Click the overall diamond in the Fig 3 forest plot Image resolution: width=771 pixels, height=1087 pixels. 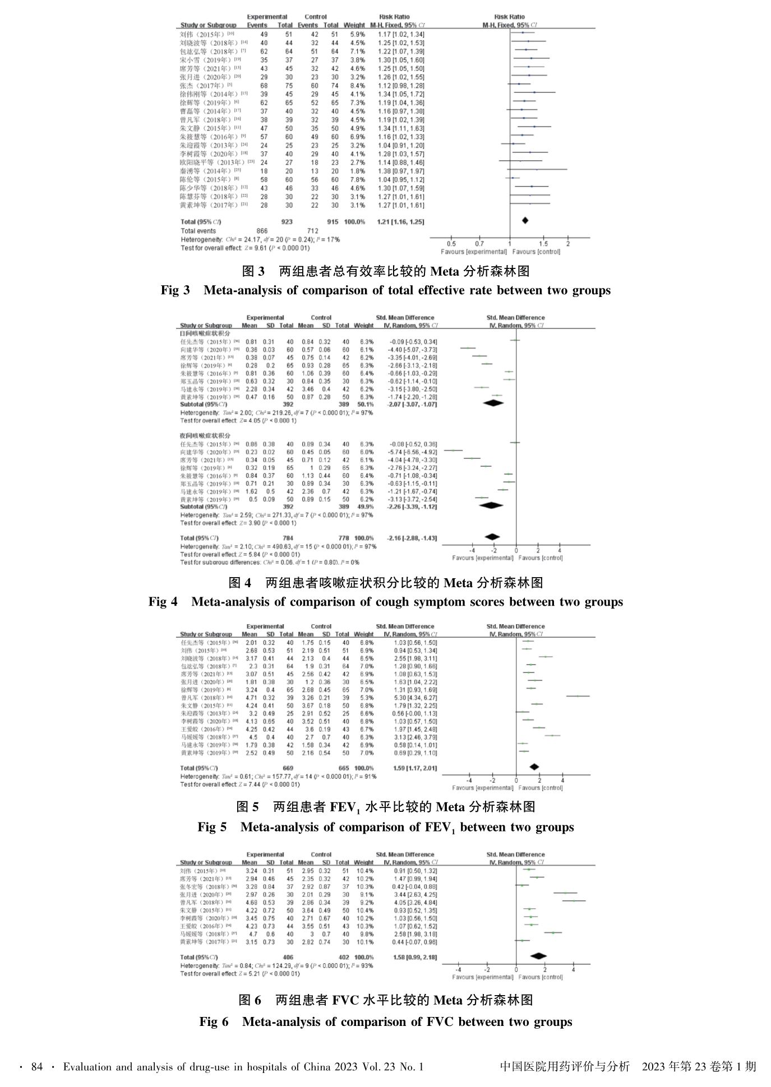[x=525, y=221]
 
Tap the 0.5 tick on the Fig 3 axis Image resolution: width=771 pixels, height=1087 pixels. [x=451, y=244]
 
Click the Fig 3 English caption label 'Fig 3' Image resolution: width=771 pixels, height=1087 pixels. [x=175, y=290]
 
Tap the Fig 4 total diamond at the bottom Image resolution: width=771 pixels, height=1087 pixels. [x=492, y=537]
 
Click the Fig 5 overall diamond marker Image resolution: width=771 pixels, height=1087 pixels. [x=534, y=767]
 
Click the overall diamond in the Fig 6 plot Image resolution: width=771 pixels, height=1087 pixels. [x=538, y=956]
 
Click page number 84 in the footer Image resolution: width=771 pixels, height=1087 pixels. [x=37, y=1067]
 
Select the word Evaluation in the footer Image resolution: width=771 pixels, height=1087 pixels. [x=87, y=1067]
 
